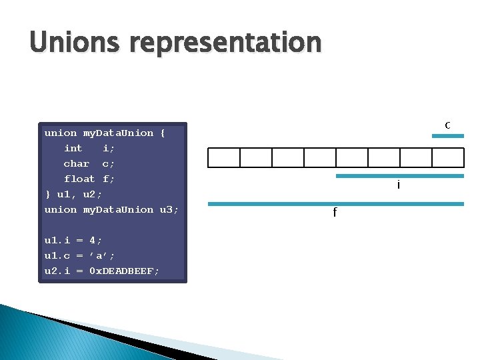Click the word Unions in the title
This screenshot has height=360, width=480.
(x=73, y=43)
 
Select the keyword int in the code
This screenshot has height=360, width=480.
(x=73, y=148)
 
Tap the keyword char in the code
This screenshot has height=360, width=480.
(x=77, y=163)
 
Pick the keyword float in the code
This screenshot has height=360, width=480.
(x=79, y=179)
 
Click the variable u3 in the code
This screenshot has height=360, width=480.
(x=166, y=209)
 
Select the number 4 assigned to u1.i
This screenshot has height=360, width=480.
(x=93, y=240)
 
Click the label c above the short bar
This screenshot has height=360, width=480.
(x=448, y=125)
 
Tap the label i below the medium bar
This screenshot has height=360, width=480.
(x=399, y=185)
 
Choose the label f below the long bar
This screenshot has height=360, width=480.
(x=335, y=213)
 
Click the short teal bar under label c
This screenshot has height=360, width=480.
(x=447, y=136)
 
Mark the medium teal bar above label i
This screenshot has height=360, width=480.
(x=399, y=176)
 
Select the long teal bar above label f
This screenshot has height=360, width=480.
(x=335, y=203)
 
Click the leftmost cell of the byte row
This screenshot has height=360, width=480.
(x=224, y=157)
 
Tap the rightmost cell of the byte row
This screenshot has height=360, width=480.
(x=447, y=157)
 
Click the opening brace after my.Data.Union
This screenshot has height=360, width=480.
(x=163, y=133)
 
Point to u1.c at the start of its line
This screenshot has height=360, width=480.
(x=57, y=255)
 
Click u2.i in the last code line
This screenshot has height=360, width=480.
(x=57, y=271)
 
